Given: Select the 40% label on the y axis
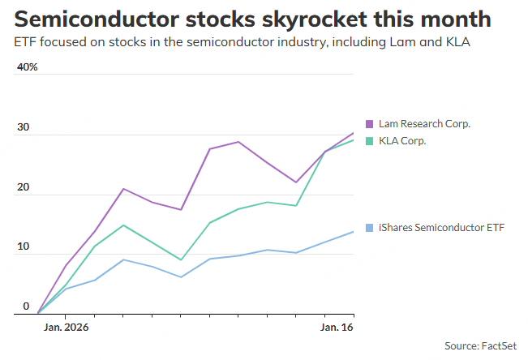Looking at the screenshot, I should point(27,67).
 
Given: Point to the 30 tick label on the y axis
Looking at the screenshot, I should point(24,128).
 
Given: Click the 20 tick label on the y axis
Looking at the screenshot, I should point(24,188).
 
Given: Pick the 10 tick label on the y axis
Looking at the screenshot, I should point(24,247).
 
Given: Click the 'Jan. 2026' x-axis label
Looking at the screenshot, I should point(66,328).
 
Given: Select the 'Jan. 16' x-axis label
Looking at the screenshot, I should point(337,328).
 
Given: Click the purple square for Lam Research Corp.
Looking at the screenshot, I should point(369,124).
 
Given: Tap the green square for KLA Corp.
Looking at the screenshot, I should point(369,141).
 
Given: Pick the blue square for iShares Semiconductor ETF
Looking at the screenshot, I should point(369,228).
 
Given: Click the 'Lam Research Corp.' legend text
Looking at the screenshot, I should point(424,124).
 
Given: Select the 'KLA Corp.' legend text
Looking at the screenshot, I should point(402,141).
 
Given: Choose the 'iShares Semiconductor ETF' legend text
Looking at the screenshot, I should point(441,228).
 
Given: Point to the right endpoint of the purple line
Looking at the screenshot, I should point(354,132).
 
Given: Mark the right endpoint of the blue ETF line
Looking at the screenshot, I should point(354,231).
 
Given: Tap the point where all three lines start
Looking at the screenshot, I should point(37,313).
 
